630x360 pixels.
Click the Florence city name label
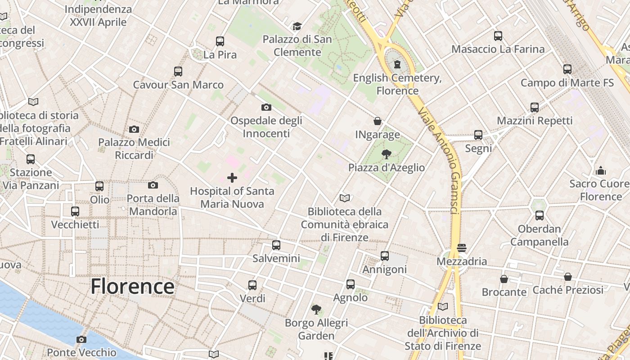(x=132, y=286)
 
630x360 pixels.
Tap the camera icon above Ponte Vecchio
(x=81, y=339)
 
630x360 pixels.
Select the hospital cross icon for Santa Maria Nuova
(x=232, y=178)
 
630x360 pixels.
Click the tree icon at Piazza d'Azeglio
(x=386, y=154)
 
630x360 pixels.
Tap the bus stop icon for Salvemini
(x=276, y=245)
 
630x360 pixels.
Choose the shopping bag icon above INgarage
(x=378, y=121)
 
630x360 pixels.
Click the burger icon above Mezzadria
(x=462, y=248)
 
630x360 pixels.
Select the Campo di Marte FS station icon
(x=567, y=69)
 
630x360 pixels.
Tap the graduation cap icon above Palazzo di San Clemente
(x=297, y=26)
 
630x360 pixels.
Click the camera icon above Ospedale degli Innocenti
(x=266, y=107)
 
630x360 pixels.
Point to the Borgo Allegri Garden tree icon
(x=316, y=309)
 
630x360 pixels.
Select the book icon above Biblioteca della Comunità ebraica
(x=345, y=198)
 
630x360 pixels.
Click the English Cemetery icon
(x=397, y=64)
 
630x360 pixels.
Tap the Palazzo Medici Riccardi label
(x=134, y=149)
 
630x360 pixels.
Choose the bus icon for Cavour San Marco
(x=178, y=71)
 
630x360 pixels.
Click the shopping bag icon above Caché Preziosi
(x=568, y=277)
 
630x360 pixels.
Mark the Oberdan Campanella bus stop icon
(x=540, y=216)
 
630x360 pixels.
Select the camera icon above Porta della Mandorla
(x=153, y=185)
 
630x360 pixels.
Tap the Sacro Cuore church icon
(x=600, y=171)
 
